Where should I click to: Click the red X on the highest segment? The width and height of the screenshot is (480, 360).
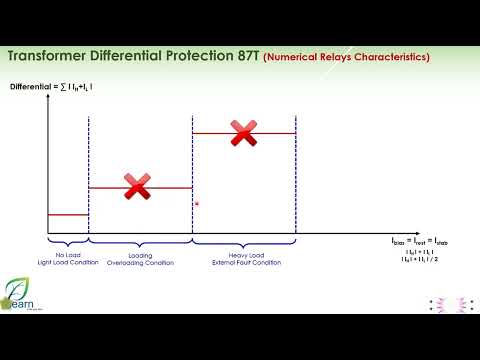pos(243,131)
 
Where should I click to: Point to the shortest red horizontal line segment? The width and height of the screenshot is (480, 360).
pos(68,214)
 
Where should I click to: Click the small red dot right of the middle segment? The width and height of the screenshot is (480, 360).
pos(198,204)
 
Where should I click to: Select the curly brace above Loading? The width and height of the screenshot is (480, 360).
pos(139,243)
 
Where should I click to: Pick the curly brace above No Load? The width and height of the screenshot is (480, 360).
pos(68,243)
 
